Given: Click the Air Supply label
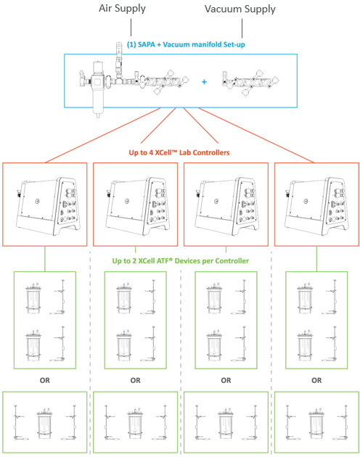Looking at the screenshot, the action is tap(122, 9).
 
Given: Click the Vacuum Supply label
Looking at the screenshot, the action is tap(240, 9).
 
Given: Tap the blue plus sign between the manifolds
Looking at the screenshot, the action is tap(204, 82).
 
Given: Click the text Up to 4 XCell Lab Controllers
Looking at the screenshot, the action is tap(179, 152).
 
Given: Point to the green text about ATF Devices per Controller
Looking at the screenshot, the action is tap(181, 261).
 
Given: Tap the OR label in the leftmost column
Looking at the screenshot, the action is tap(44, 380).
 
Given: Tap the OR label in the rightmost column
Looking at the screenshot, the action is tap(316, 380).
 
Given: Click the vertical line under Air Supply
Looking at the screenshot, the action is tap(131, 27).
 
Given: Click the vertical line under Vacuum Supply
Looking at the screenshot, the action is tap(242, 28).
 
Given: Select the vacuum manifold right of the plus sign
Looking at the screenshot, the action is tap(250, 82).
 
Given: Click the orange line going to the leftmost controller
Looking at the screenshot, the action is tap(102, 135).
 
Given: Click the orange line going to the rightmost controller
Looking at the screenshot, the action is tap(256, 135).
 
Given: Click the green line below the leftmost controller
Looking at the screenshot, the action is tap(44, 259).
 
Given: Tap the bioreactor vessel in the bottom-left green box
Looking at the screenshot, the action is tap(44, 424).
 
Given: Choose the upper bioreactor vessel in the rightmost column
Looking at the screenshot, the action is tap(305, 298).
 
